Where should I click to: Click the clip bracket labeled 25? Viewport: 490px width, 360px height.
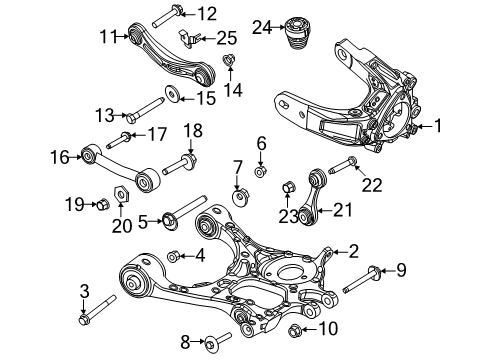(x=191, y=38)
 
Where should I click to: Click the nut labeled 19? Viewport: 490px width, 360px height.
(x=104, y=206)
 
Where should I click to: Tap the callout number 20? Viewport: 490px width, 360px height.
(x=121, y=222)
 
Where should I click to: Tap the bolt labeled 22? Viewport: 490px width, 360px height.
(x=349, y=160)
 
